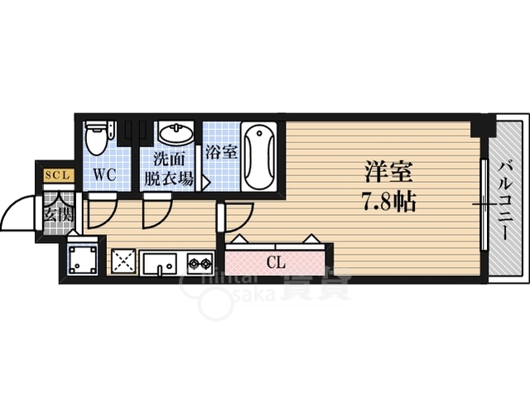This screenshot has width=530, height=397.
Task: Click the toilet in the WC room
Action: coord(96,137)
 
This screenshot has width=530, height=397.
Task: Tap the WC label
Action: coord(104,175)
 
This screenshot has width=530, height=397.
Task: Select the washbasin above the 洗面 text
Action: coord(175,134)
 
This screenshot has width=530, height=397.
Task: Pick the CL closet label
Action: coord(276,264)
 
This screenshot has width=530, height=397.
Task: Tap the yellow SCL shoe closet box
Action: coord(58,175)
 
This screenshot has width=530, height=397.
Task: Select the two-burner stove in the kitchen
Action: coord(200,264)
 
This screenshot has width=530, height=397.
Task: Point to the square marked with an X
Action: coord(123,262)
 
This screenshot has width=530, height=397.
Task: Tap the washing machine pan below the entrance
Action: coord(84,258)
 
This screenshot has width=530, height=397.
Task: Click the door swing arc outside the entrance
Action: coord(17,215)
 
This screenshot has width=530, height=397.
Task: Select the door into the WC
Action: coord(98,213)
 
